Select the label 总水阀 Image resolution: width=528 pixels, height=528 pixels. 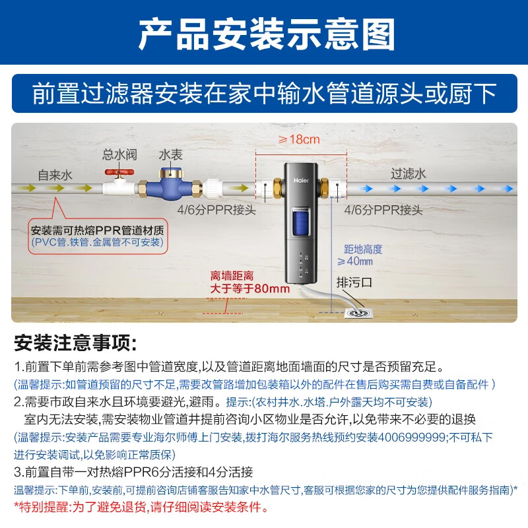click(x=119, y=154)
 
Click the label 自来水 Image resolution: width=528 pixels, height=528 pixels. click(x=55, y=175)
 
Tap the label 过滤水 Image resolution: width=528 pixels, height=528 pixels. click(x=409, y=174)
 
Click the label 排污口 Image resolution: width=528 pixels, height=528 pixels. click(x=355, y=281)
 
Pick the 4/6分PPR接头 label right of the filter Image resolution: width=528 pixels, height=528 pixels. click(x=383, y=211)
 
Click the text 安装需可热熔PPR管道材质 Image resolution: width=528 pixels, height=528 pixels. click(x=97, y=230)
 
